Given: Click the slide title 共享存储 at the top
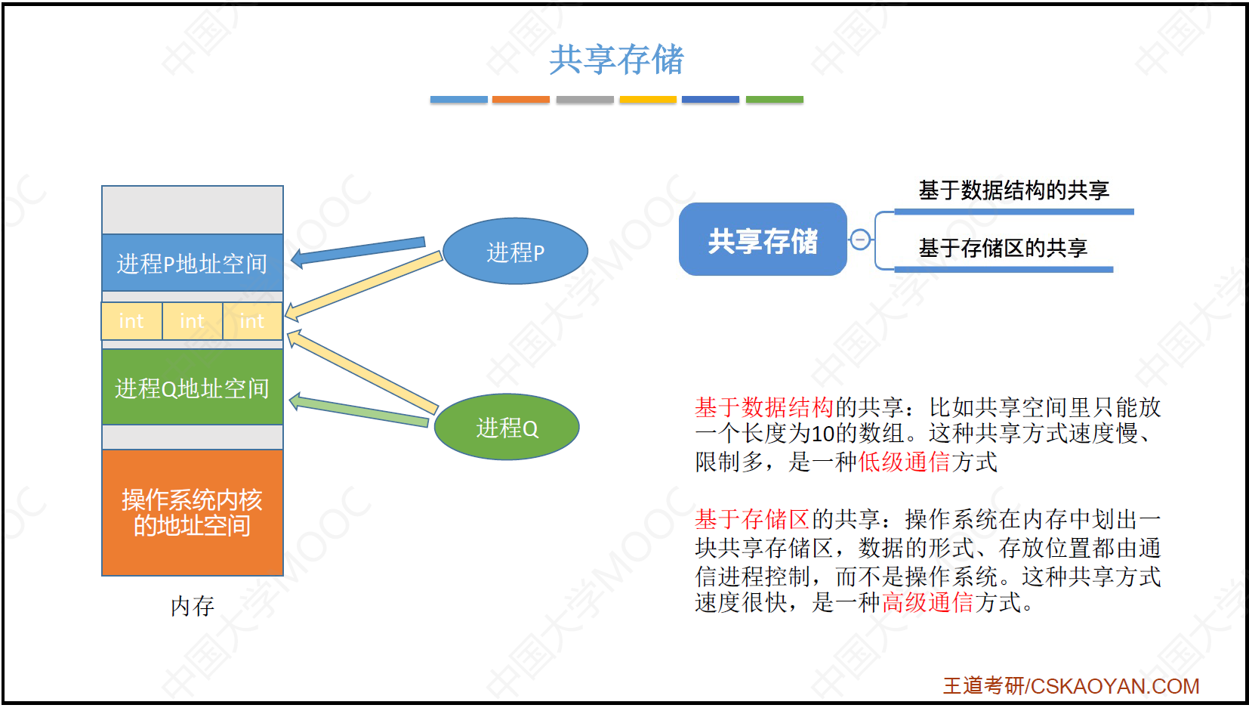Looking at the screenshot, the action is pyautogui.click(x=616, y=59).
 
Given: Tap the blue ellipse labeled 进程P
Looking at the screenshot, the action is pyautogui.click(x=515, y=251).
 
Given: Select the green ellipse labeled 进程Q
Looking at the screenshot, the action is pyautogui.click(x=507, y=427).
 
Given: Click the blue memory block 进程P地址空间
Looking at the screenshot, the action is pyautogui.click(x=193, y=263).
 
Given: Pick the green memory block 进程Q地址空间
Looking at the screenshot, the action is pyautogui.click(x=193, y=387).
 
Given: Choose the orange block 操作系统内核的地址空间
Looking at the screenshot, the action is pyautogui.click(x=193, y=512).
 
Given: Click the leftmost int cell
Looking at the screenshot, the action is pyautogui.click(x=131, y=321).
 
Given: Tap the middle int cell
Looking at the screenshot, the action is pyautogui.click(x=193, y=321).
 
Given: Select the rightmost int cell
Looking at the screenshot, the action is pyautogui.click(x=252, y=321).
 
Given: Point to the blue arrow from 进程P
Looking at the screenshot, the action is pyautogui.click(x=358, y=251).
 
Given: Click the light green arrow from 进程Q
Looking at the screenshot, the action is pyautogui.click(x=359, y=410).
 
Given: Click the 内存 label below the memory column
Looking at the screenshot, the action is pyautogui.click(x=193, y=606).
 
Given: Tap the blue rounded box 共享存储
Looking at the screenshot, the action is pyautogui.click(x=763, y=240).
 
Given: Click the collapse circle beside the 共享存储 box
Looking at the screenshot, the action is pyautogui.click(x=860, y=240).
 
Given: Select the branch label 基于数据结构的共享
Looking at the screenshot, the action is pyautogui.click(x=1013, y=190).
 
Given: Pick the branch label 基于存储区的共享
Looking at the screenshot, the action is pyautogui.click(x=1003, y=248).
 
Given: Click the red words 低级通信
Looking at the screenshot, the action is pyautogui.click(x=904, y=462).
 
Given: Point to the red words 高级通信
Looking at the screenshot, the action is pyautogui.click(x=927, y=602).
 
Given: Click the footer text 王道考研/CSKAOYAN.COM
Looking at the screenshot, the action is pyautogui.click(x=1071, y=685).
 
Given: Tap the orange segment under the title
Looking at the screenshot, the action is pyautogui.click(x=521, y=99).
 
